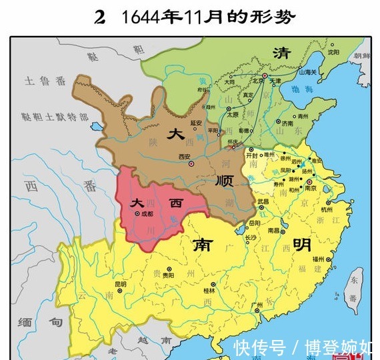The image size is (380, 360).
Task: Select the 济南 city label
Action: point(287,123)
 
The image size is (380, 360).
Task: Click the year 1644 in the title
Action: point(141,16)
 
